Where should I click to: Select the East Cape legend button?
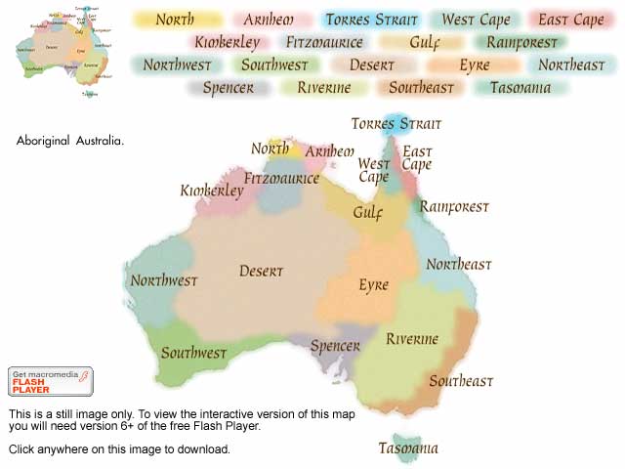pos(571,20)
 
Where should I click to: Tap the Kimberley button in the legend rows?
pos(227,42)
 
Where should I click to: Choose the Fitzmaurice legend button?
pos(324,42)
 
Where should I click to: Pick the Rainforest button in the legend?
pos(521,42)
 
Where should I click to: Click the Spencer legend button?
pos(229,88)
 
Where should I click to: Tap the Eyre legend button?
pos(474,65)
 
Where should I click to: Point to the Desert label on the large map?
pos(261,272)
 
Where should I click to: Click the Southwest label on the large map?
pos(193,353)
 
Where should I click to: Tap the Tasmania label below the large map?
pos(408,448)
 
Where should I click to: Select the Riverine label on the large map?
pos(411,339)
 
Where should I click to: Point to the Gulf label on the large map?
pos(368,212)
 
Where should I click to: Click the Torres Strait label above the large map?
pos(396,124)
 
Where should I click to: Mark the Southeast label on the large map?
pos(461,381)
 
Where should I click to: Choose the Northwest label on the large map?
pos(164,280)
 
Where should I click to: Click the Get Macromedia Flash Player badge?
pos(51,382)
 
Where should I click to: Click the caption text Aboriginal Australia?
pos(70,141)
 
